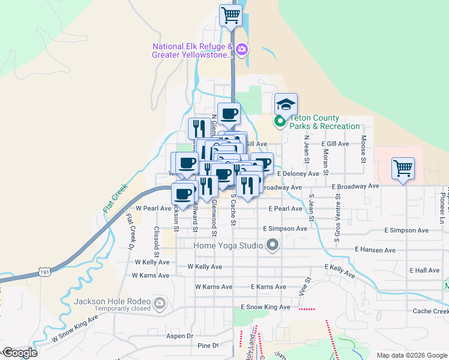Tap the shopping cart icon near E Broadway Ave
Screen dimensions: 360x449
click(x=403, y=168)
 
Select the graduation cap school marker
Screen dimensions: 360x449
click(x=286, y=104)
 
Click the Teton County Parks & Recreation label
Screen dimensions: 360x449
click(x=324, y=122)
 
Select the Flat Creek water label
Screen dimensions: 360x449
click(x=115, y=197)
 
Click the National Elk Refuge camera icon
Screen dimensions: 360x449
click(x=242, y=49)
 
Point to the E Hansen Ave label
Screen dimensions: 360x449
click(x=375, y=250)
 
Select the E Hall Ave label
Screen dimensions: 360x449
click(x=425, y=271)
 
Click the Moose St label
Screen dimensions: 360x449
click(x=363, y=149)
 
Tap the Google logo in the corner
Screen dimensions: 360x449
click(x=20, y=353)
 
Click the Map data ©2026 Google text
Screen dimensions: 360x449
click(x=412, y=355)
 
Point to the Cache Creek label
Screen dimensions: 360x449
click(x=430, y=311)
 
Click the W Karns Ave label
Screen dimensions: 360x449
click(x=152, y=275)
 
